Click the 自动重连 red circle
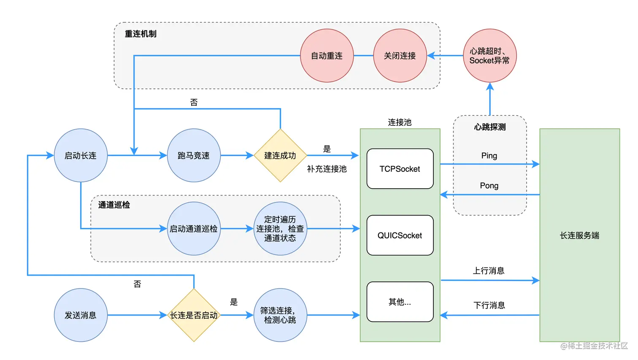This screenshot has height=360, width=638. coord(327,56)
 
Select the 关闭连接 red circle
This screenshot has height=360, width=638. coord(400,56)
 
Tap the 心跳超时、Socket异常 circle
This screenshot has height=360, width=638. coord(489,56)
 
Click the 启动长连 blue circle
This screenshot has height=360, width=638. coord(81,155)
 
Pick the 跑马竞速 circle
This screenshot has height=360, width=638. coord(194,155)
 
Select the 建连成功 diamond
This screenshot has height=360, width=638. coord(280,155)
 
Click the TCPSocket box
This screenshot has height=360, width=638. coord(400,169)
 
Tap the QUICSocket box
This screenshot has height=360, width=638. coord(400,235)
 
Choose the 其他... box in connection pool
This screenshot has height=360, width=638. coord(400,302)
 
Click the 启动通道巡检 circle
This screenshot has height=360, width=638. coord(194,229)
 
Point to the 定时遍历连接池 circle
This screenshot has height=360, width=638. coord(280,229)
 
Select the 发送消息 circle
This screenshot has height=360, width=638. coord(81,315)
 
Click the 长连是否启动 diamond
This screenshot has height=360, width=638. coord(194,315)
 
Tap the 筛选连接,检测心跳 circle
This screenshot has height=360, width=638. coord(280,315)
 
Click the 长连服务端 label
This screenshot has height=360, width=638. coord(579,235)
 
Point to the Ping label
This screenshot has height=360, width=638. coord(489,156)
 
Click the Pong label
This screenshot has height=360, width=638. coord(489,186)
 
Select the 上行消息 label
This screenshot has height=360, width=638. coord(489,271)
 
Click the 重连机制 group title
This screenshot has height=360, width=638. coord(141,34)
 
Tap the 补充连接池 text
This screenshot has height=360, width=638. coord(327,169)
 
